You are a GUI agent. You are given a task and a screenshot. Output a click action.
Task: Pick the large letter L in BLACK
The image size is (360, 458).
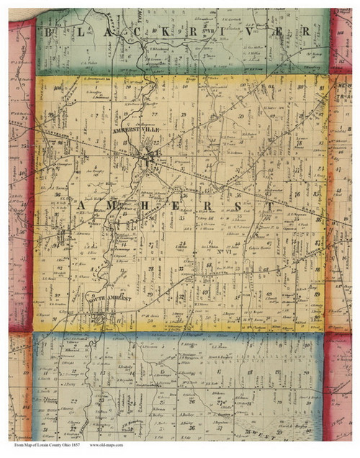(x=78, y=32)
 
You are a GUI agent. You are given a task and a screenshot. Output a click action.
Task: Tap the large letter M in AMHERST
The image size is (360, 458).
(x=108, y=207)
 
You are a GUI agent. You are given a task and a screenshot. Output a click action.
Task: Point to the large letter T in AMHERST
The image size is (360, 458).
(x=270, y=207)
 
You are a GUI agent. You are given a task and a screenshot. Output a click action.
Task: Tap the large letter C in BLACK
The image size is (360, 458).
(x=136, y=32)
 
